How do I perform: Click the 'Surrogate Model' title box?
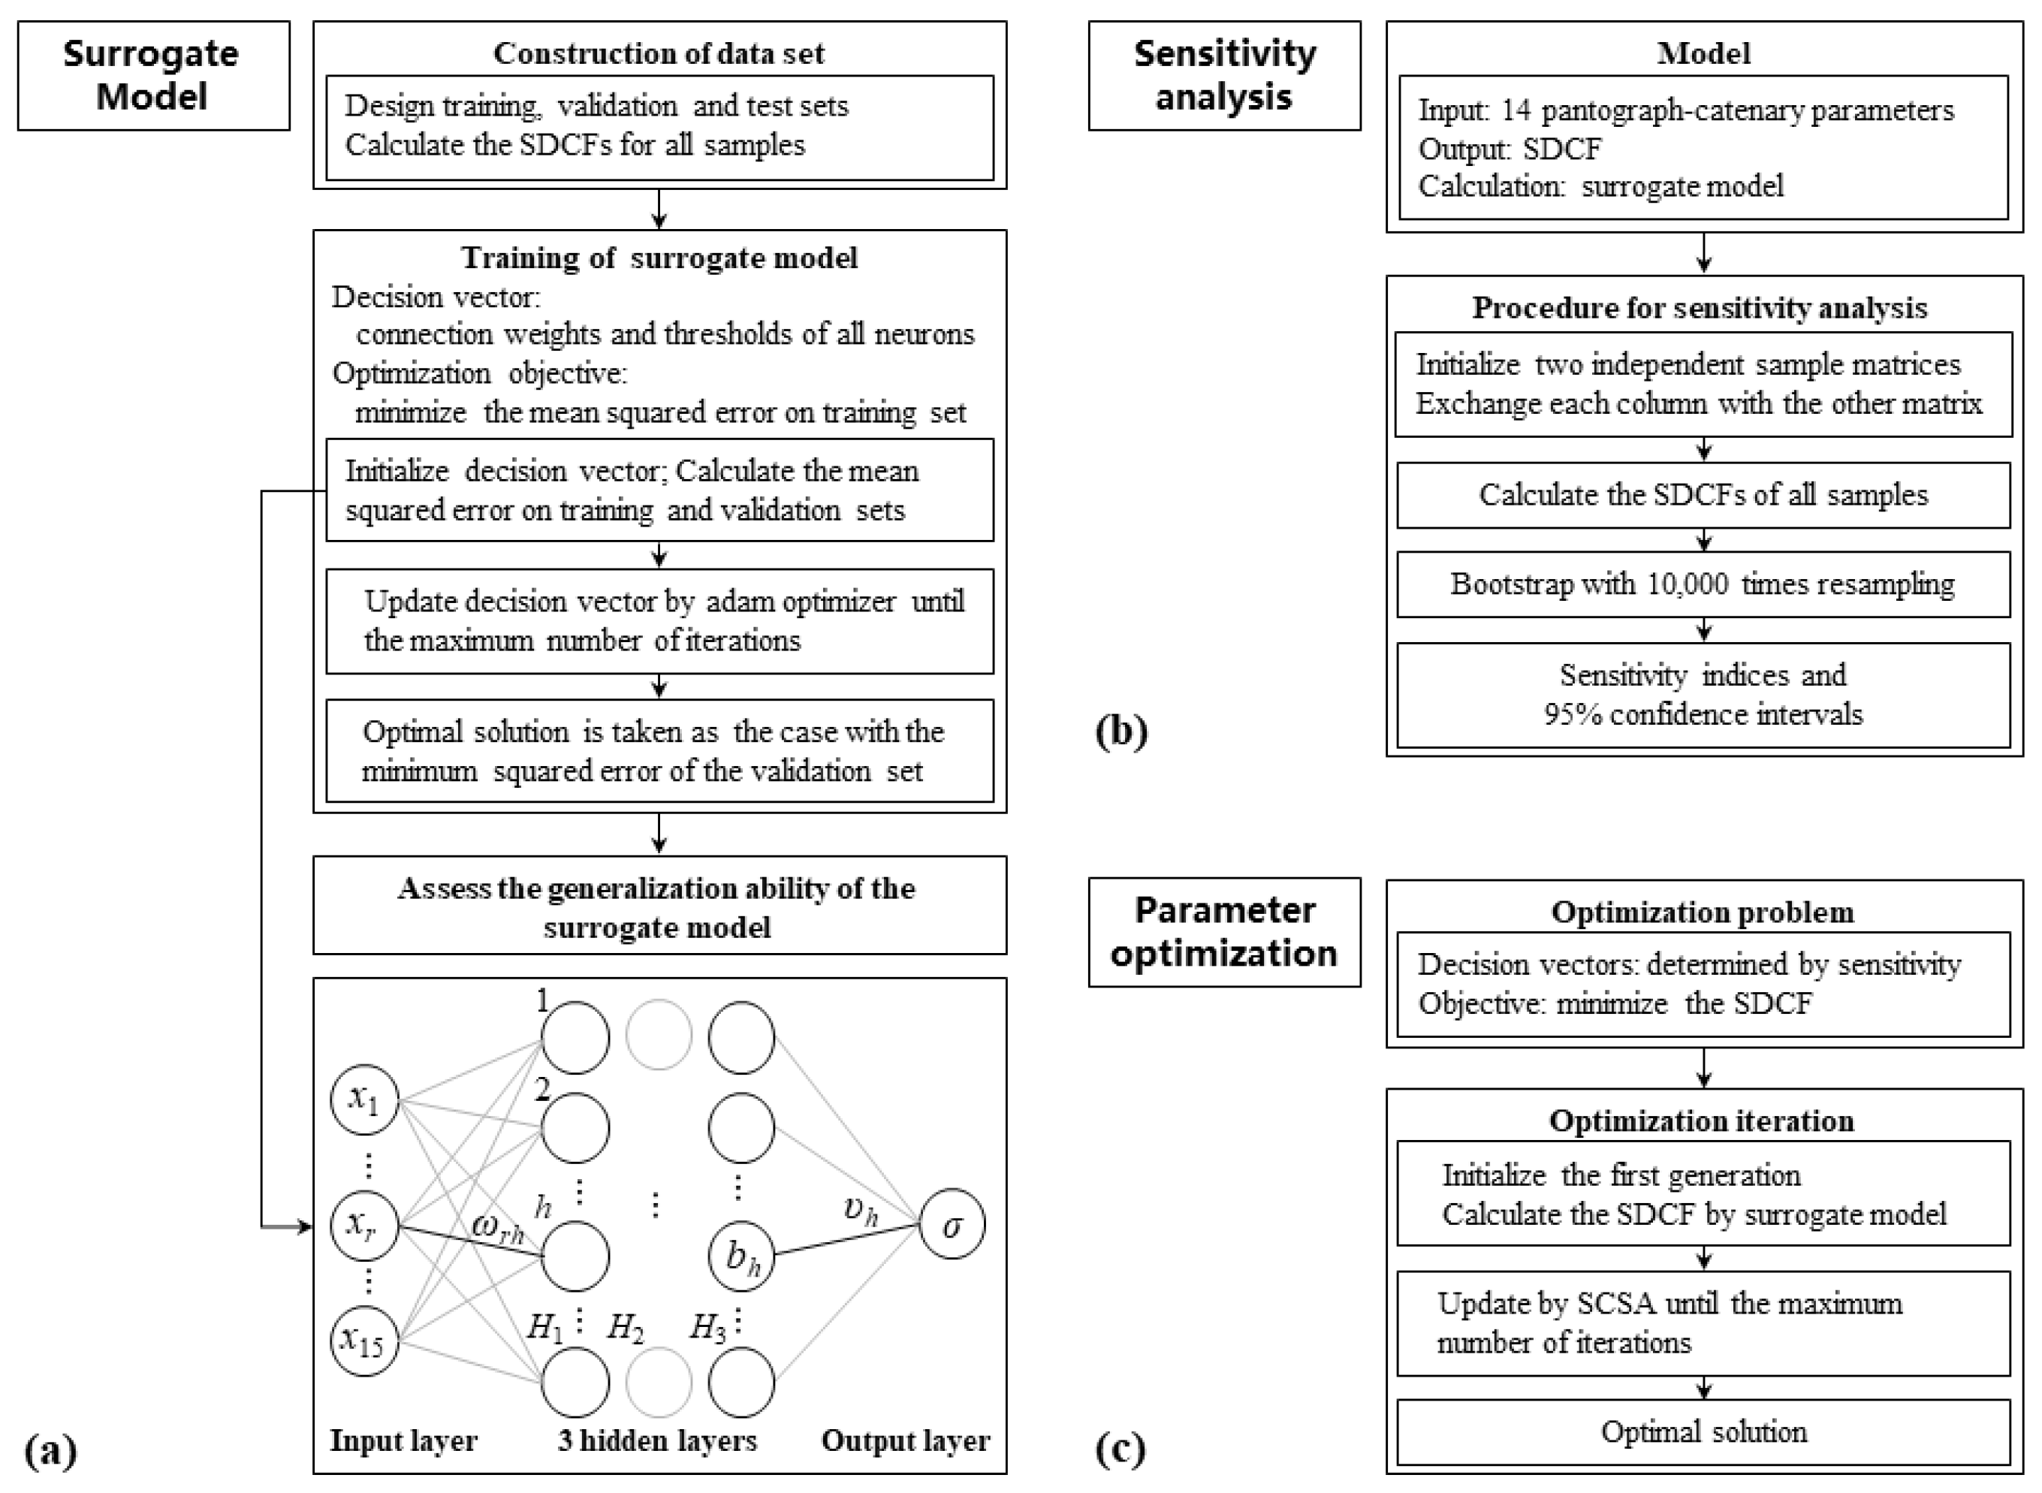click(x=152, y=75)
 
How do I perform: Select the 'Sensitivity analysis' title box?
click(x=1223, y=75)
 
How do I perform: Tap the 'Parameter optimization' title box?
click(x=1223, y=932)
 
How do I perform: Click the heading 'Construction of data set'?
click(x=659, y=53)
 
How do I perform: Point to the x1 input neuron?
click(x=365, y=1100)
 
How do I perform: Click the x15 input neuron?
click(x=365, y=1341)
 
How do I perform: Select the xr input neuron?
click(x=365, y=1226)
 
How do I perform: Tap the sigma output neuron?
click(x=952, y=1226)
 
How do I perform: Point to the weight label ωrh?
click(x=498, y=1227)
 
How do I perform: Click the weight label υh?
click(x=860, y=1209)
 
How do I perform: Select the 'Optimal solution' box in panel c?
click(x=1703, y=1431)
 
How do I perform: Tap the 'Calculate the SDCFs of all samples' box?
click(x=1703, y=495)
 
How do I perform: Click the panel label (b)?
click(x=1121, y=730)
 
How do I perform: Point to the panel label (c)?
click(x=1121, y=1449)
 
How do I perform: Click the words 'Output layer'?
click(x=906, y=1440)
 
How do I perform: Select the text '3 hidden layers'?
click(x=657, y=1440)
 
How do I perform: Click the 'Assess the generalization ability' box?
click(x=659, y=906)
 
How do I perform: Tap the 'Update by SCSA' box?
click(x=1703, y=1323)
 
